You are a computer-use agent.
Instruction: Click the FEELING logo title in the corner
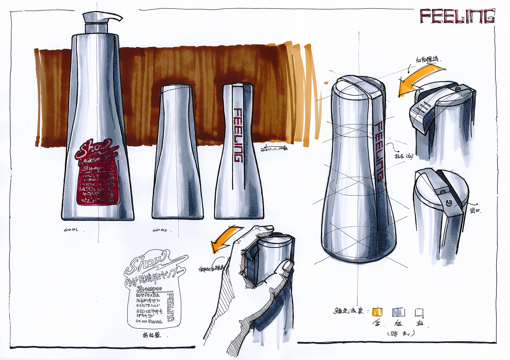pos(457,16)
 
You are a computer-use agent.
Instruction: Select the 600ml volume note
pos(71,229)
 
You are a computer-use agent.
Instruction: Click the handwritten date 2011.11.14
pos(274,148)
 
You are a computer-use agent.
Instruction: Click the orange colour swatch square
pos(377,312)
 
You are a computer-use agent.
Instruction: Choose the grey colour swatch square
pos(398,312)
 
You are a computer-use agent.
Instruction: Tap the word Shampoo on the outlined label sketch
pos(149,289)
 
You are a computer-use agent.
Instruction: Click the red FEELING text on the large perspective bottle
pos(379,151)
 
